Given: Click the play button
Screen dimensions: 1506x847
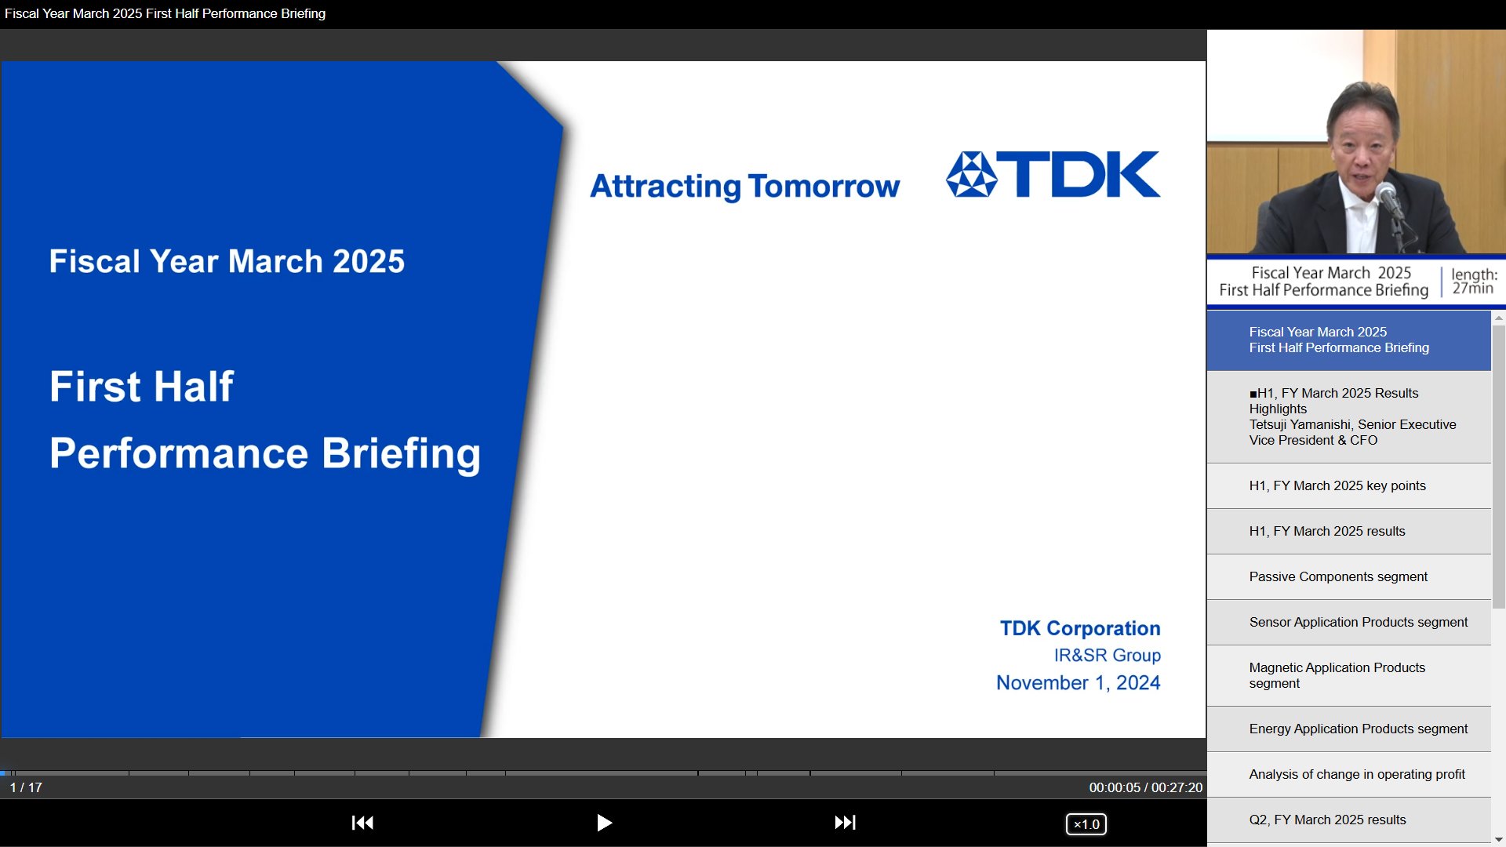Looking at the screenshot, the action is [x=604, y=823].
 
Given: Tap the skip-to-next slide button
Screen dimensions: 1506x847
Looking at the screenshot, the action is [x=845, y=823].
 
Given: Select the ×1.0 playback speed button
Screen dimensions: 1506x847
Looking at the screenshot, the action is [x=1086, y=824].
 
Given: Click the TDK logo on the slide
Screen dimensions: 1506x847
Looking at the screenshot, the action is [x=1053, y=174].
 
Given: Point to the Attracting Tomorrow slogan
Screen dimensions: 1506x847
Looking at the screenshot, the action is [x=745, y=187].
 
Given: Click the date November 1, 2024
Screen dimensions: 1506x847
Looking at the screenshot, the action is [x=1078, y=683].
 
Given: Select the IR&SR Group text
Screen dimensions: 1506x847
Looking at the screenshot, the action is [x=1107, y=656].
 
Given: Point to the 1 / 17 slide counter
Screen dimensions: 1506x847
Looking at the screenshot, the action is [x=26, y=787].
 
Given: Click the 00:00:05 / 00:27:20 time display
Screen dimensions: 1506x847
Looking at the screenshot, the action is [x=1145, y=787].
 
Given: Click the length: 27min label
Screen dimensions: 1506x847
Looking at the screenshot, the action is [x=1474, y=282].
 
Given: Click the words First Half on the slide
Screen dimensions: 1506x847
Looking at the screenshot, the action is [x=142, y=387].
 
